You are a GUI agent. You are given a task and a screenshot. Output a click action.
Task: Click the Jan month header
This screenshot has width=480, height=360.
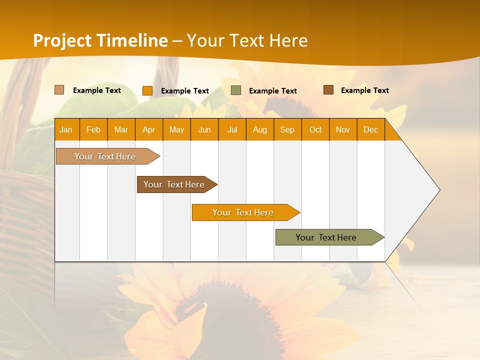coord(66,129)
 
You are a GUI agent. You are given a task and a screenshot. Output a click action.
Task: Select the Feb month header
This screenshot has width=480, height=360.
coord(93,129)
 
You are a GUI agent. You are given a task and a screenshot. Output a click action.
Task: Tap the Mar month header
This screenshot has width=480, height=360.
coord(121,129)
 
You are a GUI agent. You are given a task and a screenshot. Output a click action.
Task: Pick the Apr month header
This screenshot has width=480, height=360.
coord(149,129)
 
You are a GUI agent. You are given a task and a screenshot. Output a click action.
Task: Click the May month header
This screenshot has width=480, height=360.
coord(176,129)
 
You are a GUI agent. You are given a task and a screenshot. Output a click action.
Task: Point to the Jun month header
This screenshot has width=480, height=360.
coord(204,129)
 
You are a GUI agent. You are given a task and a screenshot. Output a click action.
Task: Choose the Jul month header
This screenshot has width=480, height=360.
coord(232,129)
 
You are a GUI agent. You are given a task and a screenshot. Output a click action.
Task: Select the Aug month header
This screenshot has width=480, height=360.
coord(260,129)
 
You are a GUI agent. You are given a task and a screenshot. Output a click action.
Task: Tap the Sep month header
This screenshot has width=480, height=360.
coord(287,129)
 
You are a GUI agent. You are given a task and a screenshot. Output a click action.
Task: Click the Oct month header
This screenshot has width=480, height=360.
coord(315,129)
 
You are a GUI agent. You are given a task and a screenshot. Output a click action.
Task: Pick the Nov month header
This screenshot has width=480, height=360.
coord(343,129)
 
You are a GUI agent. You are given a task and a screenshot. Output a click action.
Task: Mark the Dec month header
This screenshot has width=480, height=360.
coord(371,129)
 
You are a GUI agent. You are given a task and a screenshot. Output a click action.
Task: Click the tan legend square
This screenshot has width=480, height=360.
coord(59,90)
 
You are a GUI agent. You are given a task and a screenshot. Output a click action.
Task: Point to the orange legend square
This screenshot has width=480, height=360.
coord(147,90)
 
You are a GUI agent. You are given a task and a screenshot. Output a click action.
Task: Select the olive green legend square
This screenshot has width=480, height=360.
coord(236,90)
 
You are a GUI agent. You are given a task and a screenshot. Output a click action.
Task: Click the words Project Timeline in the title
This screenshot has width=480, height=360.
coord(100,40)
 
